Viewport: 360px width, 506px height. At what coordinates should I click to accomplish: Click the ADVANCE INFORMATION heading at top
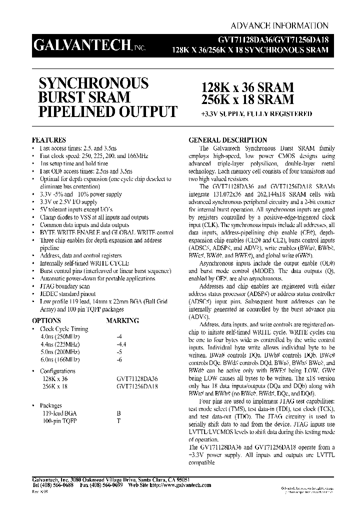pyautogui.click(x=279, y=26)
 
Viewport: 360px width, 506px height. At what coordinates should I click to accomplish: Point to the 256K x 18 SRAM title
pyautogui.click(x=247, y=99)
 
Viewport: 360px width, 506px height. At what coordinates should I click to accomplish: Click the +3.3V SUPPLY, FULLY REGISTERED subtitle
pyautogui.click(x=256, y=114)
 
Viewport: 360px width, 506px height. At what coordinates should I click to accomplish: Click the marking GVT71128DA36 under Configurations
pyautogui.click(x=136, y=379)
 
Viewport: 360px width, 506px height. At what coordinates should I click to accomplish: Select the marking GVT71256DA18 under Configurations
pyautogui.click(x=136, y=386)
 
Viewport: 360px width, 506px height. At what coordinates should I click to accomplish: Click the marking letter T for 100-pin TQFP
pyautogui.click(x=118, y=421)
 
